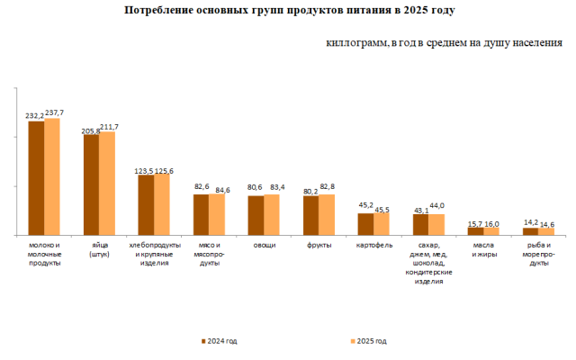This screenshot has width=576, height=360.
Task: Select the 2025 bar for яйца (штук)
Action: coord(107,184)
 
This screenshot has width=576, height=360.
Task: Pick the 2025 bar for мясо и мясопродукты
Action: coord(217,215)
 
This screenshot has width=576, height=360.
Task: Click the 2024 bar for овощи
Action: coord(256,216)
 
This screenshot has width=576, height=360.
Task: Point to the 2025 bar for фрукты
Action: coord(327,215)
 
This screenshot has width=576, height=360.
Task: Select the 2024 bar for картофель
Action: coord(365,224)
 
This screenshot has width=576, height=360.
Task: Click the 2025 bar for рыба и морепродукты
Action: coord(546,231)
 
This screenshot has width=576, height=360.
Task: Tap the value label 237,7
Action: coord(55,112)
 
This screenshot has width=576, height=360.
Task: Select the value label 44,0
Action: coord(437,206)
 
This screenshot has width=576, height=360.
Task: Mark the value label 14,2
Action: coord(531,221)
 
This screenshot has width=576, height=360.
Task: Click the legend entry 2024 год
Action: coord(220,341)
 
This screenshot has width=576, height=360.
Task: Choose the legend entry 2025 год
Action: coord(369,341)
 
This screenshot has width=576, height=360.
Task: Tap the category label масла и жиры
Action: coord(484,250)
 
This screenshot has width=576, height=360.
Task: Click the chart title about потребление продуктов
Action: coord(288,11)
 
